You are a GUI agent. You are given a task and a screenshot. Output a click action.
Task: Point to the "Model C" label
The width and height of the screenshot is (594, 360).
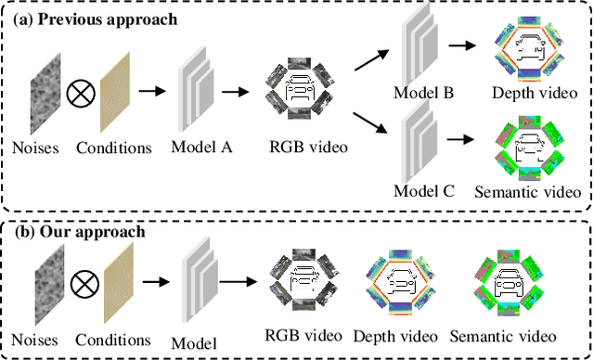[x=424, y=193]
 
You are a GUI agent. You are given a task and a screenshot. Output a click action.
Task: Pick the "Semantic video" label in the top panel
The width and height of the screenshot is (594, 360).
[x=527, y=193]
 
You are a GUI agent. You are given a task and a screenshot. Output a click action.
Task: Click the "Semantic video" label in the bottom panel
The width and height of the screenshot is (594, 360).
[x=503, y=336]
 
